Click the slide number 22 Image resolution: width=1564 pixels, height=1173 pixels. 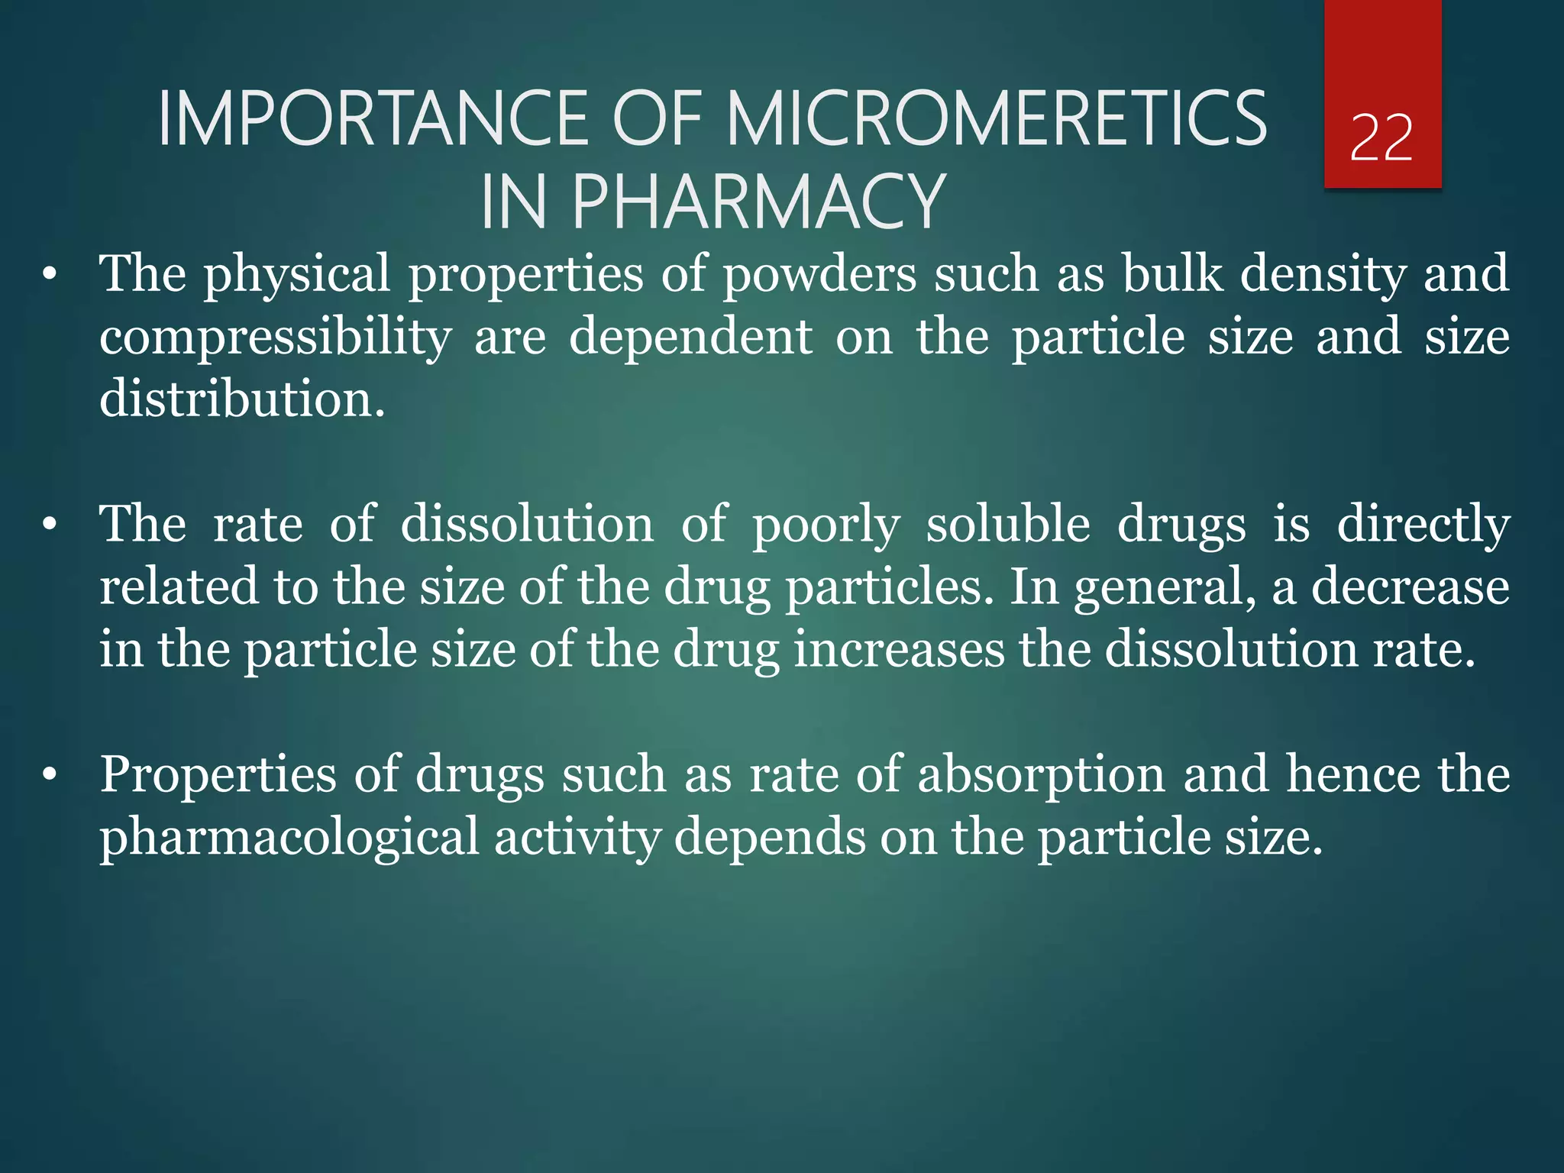(x=1381, y=138)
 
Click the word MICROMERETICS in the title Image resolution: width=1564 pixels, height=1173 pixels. (x=997, y=119)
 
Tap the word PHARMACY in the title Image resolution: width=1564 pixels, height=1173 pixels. (x=758, y=202)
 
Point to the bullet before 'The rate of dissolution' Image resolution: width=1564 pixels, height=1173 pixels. (x=50, y=525)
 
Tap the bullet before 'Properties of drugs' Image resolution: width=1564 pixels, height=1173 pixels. (x=50, y=776)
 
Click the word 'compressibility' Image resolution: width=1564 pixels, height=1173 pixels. (x=275, y=338)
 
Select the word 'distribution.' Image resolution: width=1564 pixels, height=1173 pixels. (x=242, y=399)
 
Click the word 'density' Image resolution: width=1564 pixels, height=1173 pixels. (x=1323, y=275)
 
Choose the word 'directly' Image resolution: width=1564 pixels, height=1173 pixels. (x=1423, y=525)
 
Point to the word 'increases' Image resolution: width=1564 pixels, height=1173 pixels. (x=899, y=650)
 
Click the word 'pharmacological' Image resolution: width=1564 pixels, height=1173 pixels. (x=289, y=838)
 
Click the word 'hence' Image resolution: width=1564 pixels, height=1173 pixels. (x=1353, y=774)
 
